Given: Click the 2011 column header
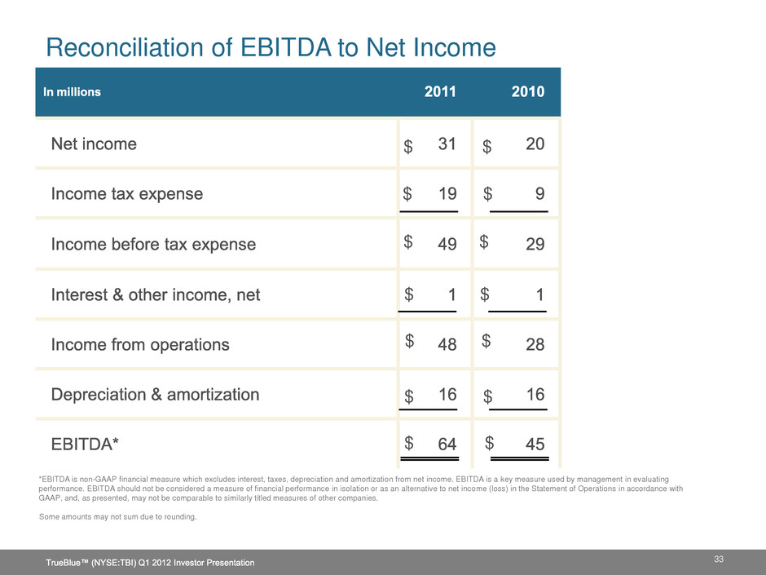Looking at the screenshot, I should coord(441,92).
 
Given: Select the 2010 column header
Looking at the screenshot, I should coord(528,92).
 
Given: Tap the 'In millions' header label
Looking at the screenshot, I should coord(73,92).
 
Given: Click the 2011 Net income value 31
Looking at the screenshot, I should coord(447,144).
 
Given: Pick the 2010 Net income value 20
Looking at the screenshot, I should coord(535,144).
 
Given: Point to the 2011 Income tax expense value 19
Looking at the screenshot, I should coord(447,194).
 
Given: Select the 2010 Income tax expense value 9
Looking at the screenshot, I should coord(539,194).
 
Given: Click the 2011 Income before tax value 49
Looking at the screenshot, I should coord(447,245).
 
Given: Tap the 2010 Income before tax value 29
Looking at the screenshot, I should coord(535,245).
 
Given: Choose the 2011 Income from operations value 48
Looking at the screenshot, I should coord(447,345).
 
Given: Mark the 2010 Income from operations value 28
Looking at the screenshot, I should coord(535,345).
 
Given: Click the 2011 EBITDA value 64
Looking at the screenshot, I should coord(447,445).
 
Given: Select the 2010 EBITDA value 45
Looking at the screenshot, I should coord(535,445).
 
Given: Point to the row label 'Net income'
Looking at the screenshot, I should coord(94,144).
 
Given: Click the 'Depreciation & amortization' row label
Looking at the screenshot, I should coord(155,395).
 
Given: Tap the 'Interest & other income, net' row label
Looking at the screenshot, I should coord(156,295).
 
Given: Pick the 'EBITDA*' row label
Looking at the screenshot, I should coord(85,445).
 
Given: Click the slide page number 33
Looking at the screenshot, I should coord(719,558).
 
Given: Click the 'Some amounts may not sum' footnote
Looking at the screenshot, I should coord(118,517).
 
